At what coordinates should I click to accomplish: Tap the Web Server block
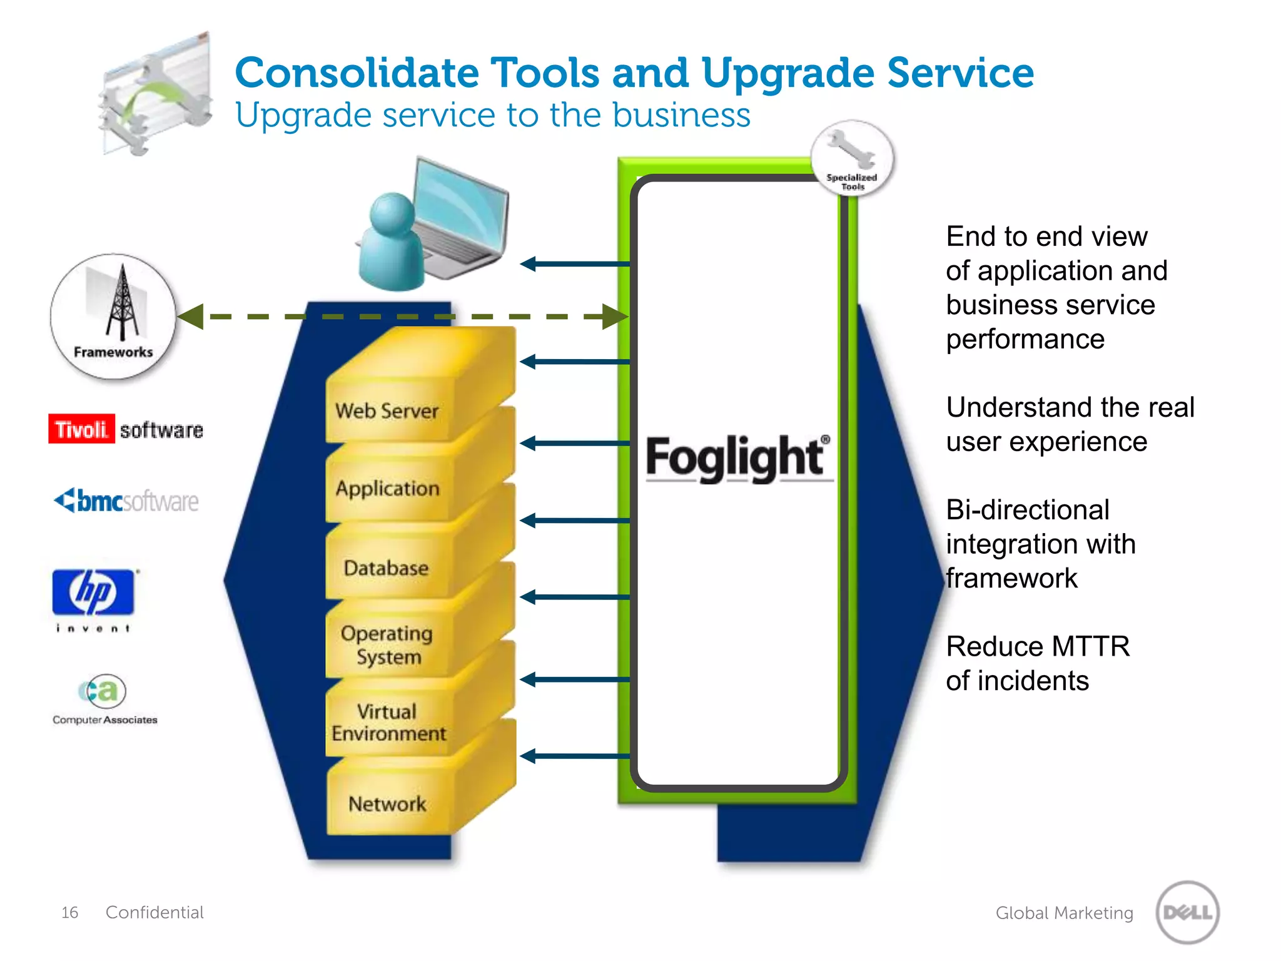coord(387,411)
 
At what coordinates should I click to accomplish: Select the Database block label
coord(386,568)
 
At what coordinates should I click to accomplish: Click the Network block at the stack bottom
coord(387,803)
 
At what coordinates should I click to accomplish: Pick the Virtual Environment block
coord(388,723)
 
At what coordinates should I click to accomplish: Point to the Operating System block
coord(387,645)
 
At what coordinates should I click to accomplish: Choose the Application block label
coord(387,489)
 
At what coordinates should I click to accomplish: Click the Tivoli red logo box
coord(81,429)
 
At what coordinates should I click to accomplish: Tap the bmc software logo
coord(126,501)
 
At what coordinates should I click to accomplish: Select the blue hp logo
coord(93,592)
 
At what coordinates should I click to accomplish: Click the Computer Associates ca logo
coord(103,691)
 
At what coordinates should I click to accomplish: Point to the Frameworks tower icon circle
coord(113,316)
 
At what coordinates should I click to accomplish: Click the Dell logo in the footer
coord(1187,912)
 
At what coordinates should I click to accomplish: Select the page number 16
coord(69,913)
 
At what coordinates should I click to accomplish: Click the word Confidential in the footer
coord(154,912)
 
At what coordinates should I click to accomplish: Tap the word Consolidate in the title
coord(357,73)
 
